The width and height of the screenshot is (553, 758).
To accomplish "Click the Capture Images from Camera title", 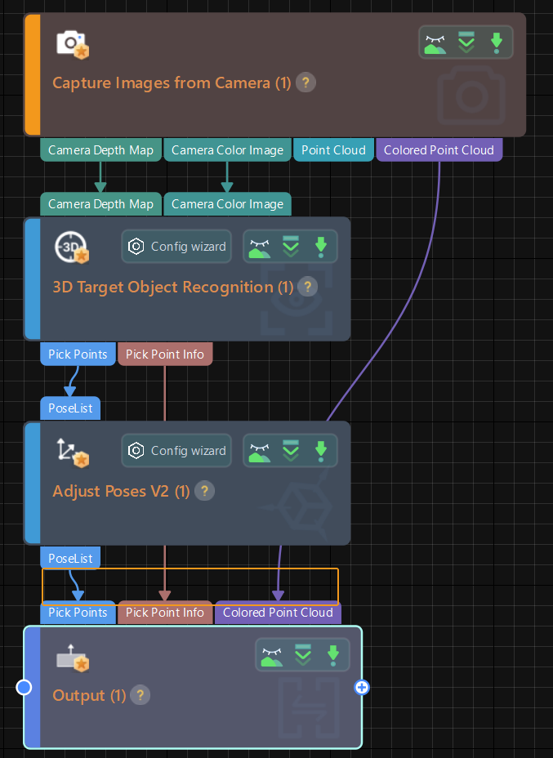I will [x=172, y=82].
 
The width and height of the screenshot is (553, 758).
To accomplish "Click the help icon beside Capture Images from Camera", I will [x=305, y=82].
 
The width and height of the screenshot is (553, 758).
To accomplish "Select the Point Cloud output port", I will [x=333, y=149].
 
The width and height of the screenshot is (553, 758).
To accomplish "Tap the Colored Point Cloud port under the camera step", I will [x=439, y=149].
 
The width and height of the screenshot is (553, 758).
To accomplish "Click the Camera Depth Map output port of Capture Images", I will [x=100, y=149].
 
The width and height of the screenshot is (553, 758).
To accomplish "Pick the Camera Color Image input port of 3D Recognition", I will [x=227, y=204].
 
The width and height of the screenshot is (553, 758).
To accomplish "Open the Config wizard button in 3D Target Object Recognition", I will [x=178, y=246].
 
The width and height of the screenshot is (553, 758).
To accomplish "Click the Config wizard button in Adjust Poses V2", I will [x=178, y=450].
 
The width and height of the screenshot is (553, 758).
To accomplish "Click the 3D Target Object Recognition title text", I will [x=172, y=287].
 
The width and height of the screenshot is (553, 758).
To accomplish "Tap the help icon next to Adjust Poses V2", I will [x=205, y=491].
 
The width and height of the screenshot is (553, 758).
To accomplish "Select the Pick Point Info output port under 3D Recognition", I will [x=165, y=354].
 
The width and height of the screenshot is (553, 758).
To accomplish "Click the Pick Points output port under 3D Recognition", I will [x=78, y=354].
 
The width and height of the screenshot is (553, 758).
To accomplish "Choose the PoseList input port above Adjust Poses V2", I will [x=70, y=408].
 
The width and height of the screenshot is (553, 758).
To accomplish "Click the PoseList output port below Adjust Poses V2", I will [x=70, y=558].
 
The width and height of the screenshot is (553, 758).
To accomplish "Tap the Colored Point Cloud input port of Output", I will [x=278, y=613].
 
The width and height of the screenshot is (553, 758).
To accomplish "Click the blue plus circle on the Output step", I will [x=362, y=688].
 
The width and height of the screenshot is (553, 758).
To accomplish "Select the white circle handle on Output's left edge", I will [x=25, y=688].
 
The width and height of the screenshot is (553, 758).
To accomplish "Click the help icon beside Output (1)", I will [x=141, y=695].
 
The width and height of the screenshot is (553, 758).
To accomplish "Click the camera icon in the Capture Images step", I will [x=72, y=43].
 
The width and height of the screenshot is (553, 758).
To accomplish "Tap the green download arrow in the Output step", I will [x=332, y=654].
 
